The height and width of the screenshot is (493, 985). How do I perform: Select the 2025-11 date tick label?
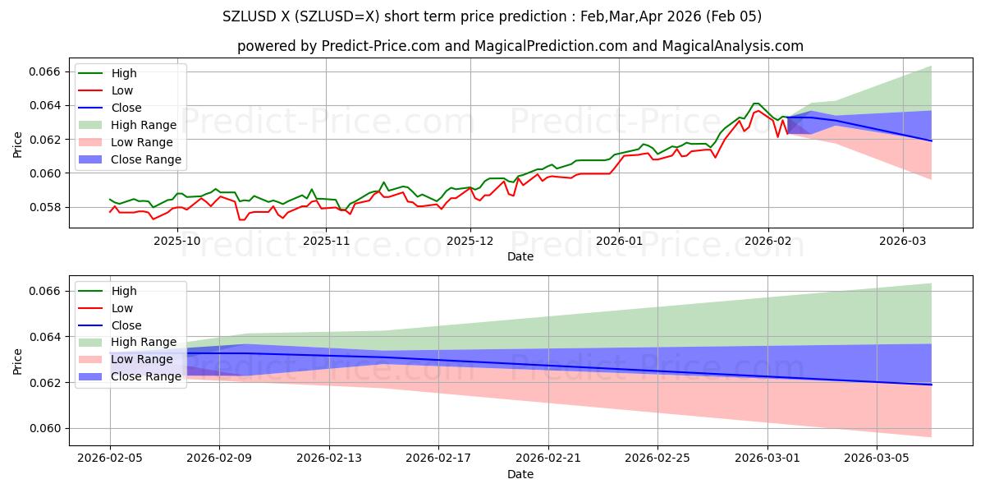(327, 241)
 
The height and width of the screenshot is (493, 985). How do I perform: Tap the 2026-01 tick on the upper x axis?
(619, 241)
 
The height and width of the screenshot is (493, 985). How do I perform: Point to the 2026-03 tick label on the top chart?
(903, 241)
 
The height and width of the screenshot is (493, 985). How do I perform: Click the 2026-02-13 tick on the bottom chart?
(328, 458)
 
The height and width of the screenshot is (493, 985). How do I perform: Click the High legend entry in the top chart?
(124, 74)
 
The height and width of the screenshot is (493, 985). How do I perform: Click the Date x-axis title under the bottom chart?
(520, 474)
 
